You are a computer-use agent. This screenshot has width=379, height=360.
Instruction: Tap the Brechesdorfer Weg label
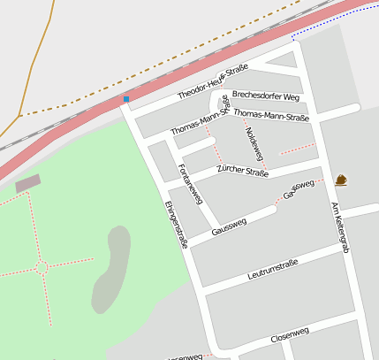point(267,96)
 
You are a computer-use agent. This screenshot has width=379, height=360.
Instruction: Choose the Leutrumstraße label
point(273,269)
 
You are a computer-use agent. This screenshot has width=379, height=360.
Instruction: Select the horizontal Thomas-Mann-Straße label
point(271,116)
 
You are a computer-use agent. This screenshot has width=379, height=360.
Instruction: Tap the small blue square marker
point(126,99)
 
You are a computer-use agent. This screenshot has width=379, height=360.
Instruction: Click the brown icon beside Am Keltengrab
point(341,180)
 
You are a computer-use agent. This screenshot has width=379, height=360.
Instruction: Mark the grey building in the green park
point(28,183)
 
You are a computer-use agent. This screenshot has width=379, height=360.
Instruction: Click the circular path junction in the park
point(42,266)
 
